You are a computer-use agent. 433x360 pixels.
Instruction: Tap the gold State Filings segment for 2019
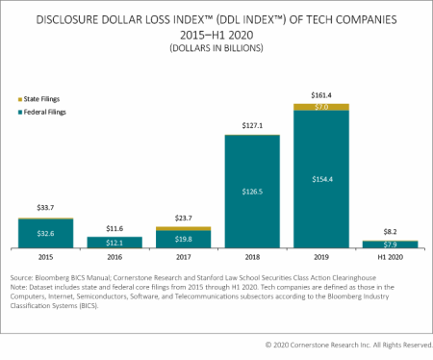point(320,106)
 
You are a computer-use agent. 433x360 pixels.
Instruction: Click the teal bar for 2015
point(45,233)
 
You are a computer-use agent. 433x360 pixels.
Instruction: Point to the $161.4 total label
point(320,94)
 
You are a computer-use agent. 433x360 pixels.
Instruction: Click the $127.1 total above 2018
point(252,125)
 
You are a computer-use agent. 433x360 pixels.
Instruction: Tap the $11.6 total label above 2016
point(114,225)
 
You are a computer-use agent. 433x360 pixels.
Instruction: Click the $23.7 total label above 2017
point(183,218)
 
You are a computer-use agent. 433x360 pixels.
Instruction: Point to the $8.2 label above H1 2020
point(390,232)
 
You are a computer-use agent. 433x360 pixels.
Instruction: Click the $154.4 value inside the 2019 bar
point(320,179)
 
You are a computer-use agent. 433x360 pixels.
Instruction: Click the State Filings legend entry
point(46,99)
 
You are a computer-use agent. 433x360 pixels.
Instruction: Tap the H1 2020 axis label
point(390,257)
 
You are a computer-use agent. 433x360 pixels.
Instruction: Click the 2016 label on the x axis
point(114,257)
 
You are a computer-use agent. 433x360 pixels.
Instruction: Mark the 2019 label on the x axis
point(320,257)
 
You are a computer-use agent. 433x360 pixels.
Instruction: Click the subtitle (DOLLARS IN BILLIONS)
point(216,45)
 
